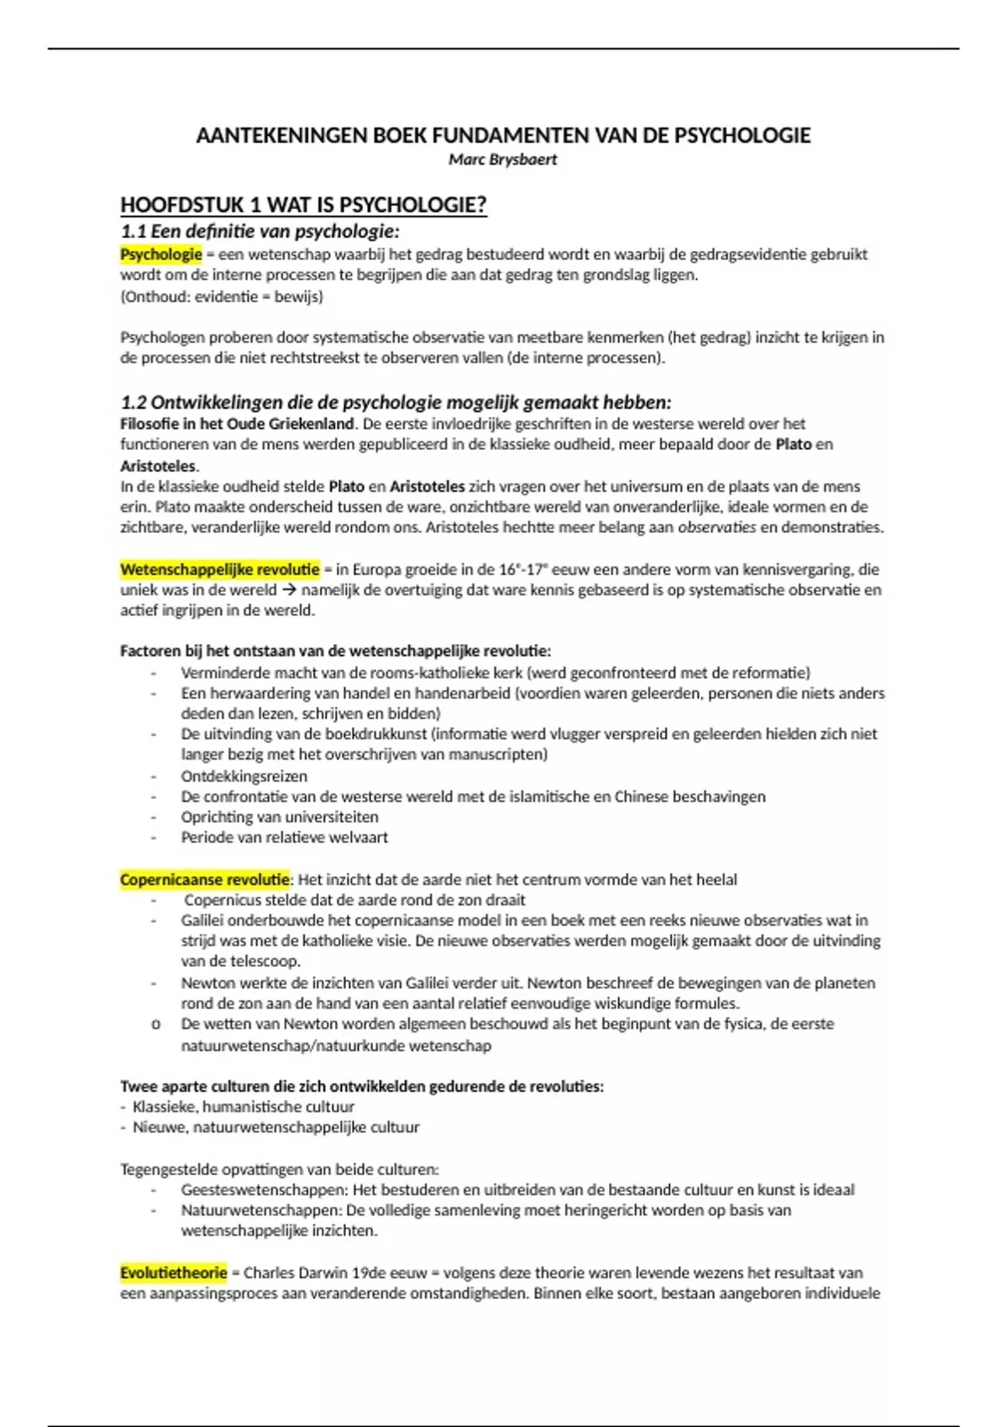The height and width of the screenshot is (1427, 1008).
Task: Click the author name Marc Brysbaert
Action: pos(502,159)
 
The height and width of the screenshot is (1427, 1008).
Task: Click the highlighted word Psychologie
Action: pos(161,254)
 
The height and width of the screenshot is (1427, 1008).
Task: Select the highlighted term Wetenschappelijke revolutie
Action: pos(219,570)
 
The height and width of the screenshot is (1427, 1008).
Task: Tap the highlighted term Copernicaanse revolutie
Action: pos(205,880)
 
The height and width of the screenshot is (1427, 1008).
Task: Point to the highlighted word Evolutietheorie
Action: pos(173,1273)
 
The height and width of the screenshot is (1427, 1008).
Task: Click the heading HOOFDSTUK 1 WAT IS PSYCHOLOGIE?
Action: pos(303,206)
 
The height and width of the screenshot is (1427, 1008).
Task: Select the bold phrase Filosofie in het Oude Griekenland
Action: pos(237,424)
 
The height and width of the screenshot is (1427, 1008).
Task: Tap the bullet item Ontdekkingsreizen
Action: pos(244,776)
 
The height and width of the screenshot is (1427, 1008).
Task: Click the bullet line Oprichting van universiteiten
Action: pos(279,817)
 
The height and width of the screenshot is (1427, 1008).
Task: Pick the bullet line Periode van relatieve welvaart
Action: pos(284,837)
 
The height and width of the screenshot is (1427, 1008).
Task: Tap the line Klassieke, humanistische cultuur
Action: pos(243,1107)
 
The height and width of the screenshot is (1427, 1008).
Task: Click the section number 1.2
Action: pos(133,402)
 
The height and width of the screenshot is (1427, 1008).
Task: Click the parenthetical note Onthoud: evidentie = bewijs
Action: pos(222,296)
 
